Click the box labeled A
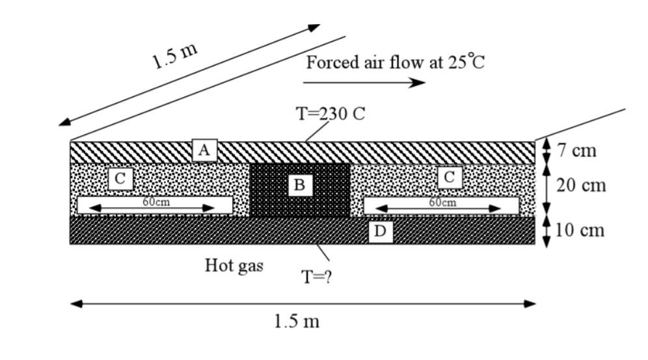(x=204, y=150)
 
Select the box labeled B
(x=299, y=185)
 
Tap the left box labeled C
(x=120, y=178)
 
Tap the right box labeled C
(x=449, y=177)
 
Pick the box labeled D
(x=381, y=231)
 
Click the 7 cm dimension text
(x=576, y=150)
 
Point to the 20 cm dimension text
(x=581, y=185)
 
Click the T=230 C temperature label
(x=331, y=114)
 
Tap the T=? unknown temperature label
(x=317, y=277)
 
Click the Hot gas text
(x=234, y=266)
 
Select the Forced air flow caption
(x=396, y=62)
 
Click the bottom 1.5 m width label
(x=297, y=321)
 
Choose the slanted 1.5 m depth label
(x=175, y=57)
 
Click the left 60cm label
(x=156, y=202)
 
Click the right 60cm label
(x=442, y=202)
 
